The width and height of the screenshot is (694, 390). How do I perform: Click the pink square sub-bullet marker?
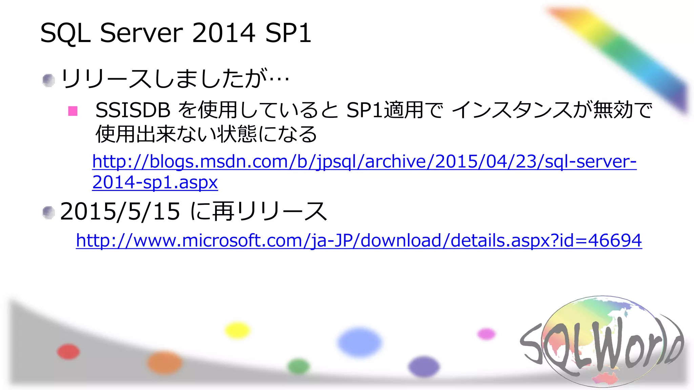73,111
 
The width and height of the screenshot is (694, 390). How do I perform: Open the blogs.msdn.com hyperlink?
364,161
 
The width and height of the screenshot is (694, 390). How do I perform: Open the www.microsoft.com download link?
359,241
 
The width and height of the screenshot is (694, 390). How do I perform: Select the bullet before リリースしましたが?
48,80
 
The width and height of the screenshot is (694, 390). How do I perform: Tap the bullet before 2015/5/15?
48,213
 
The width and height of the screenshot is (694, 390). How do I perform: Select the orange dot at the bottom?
165,363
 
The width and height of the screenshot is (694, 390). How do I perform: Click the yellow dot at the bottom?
238,330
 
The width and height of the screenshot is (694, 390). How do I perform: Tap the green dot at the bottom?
299,366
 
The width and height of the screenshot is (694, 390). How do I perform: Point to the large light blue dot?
360,342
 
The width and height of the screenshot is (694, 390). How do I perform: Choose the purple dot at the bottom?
424,367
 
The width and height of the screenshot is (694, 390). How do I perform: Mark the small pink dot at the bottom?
486,334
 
